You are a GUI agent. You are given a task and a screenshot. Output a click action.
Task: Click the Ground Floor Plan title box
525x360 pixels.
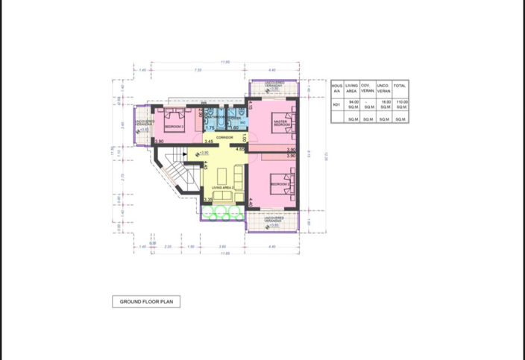(145, 302)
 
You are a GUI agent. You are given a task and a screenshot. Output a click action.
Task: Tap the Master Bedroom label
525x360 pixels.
(280, 123)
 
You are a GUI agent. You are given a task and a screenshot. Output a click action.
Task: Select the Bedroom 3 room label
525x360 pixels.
(173, 127)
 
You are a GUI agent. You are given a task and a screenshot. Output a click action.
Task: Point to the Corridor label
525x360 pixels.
(224, 138)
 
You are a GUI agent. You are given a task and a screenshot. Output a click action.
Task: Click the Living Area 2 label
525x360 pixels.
(223, 188)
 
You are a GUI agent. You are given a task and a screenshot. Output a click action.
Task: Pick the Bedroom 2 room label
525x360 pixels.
(279, 183)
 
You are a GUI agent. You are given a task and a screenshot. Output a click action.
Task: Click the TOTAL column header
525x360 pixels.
(400, 88)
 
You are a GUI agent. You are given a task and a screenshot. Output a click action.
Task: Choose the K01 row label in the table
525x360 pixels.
(336, 105)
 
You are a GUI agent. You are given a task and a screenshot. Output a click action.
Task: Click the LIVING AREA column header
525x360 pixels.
(353, 88)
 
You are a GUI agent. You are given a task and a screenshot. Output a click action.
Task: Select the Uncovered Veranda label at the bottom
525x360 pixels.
(274, 220)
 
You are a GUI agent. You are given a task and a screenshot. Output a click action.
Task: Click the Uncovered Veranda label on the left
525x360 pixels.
(144, 122)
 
